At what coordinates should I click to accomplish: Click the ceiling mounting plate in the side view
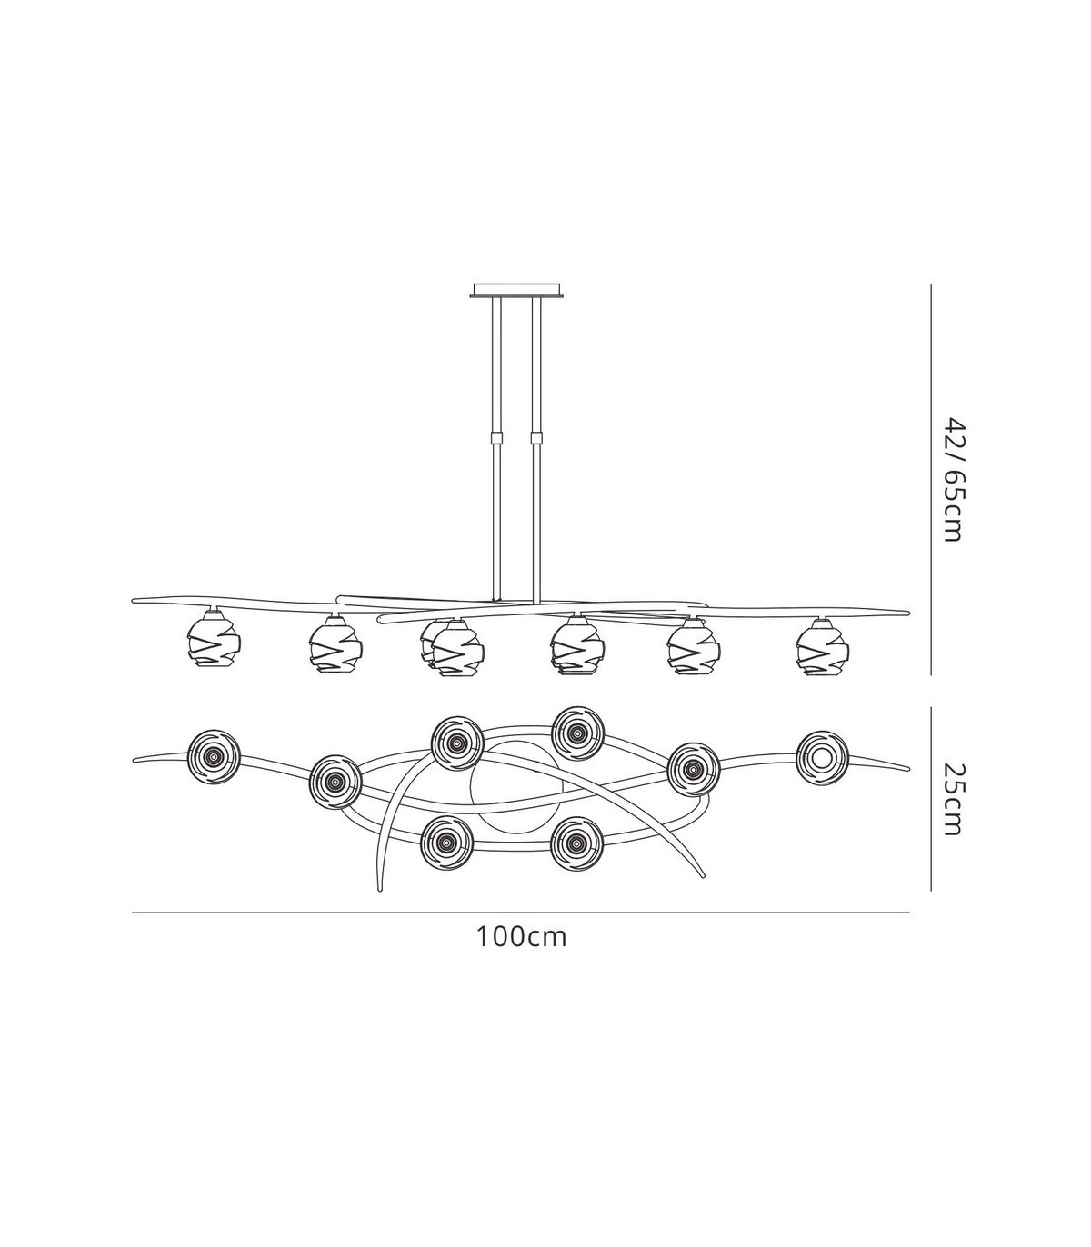(515, 290)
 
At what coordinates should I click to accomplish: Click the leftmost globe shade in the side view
(213, 643)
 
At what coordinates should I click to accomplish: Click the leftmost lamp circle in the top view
(214, 756)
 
